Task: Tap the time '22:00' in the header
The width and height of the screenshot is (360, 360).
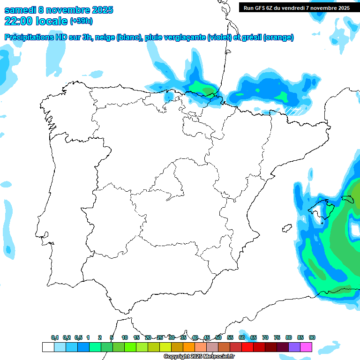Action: (19, 21)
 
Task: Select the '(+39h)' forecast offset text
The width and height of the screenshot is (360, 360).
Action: (81, 21)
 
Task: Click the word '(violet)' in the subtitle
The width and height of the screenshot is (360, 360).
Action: (219, 37)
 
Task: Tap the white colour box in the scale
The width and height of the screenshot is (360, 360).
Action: (48, 347)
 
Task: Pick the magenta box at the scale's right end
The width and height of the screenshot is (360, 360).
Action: (306, 347)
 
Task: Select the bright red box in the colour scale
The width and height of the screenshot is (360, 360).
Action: (247, 347)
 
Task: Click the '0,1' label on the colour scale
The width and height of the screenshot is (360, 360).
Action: (55, 338)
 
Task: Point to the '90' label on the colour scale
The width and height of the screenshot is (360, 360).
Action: (312, 338)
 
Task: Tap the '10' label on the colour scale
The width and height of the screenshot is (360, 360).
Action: (125, 338)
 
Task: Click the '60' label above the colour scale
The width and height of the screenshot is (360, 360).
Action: (242, 338)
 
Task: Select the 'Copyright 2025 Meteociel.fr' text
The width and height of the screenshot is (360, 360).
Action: (199, 357)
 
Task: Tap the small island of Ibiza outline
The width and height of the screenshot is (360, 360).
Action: (286, 229)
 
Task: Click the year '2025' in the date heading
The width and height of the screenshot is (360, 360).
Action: (99, 10)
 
